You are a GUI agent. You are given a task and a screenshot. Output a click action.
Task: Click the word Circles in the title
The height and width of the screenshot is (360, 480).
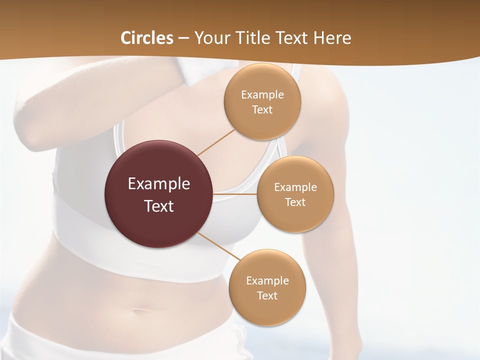(146, 38)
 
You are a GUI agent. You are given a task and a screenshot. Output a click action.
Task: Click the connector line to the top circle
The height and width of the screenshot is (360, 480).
(216, 142)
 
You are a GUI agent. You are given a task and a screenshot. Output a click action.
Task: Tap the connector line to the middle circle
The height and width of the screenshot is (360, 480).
(235, 193)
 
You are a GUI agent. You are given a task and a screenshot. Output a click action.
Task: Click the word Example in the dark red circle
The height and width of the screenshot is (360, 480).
(159, 184)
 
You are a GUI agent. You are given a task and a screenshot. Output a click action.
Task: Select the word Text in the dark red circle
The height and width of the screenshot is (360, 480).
(159, 206)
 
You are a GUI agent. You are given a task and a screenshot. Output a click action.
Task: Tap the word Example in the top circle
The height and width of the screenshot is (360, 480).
(262, 95)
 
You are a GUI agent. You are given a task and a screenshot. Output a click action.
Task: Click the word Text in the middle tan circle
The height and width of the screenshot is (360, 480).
(295, 202)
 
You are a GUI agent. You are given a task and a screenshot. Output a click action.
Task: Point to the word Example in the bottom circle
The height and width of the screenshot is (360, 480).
(267, 281)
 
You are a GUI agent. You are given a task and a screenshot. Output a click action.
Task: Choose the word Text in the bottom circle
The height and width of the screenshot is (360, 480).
(267, 296)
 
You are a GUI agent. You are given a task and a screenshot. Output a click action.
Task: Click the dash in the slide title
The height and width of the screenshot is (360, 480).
(183, 38)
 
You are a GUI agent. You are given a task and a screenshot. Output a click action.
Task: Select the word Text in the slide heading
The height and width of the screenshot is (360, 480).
(289, 38)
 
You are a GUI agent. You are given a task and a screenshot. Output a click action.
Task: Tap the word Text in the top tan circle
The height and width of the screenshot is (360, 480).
(262, 110)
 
